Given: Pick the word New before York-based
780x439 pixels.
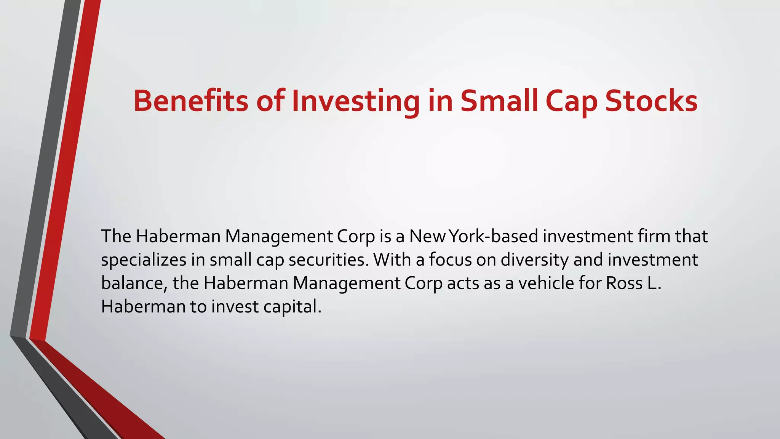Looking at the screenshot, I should [x=427, y=236].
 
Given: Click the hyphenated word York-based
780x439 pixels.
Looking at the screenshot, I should [x=494, y=236].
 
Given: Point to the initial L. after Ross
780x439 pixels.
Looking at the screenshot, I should [x=654, y=283].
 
